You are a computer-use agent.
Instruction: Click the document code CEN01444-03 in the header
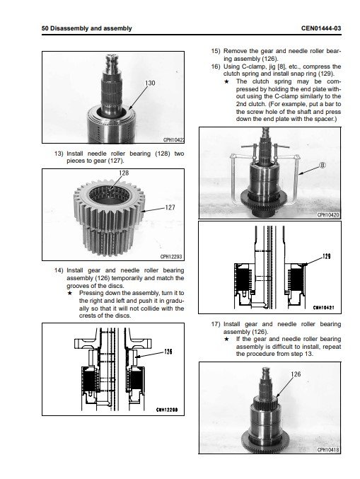click(321, 28)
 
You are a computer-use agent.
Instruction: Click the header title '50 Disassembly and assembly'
click(87, 28)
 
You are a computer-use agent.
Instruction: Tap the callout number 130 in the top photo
click(150, 83)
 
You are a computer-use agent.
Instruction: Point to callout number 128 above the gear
click(124, 173)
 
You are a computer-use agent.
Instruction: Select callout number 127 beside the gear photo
click(170, 207)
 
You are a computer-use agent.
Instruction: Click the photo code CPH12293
click(171, 257)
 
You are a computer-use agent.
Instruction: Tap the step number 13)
click(59, 154)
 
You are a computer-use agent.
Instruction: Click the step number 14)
click(59, 270)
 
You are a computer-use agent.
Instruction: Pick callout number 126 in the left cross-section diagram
click(168, 352)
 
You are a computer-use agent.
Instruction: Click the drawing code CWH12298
click(167, 410)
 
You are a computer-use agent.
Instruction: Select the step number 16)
click(215, 67)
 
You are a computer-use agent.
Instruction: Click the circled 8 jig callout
click(323, 165)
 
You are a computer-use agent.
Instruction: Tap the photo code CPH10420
click(328, 215)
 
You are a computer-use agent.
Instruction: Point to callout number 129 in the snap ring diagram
click(327, 256)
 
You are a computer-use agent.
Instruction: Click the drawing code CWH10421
click(323, 307)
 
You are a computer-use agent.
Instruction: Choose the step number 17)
click(215, 324)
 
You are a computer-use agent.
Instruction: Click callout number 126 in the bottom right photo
click(296, 374)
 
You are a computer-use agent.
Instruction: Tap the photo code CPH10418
click(328, 450)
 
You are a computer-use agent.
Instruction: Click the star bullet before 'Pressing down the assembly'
click(70, 293)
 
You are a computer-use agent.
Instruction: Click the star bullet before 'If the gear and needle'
click(226, 339)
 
